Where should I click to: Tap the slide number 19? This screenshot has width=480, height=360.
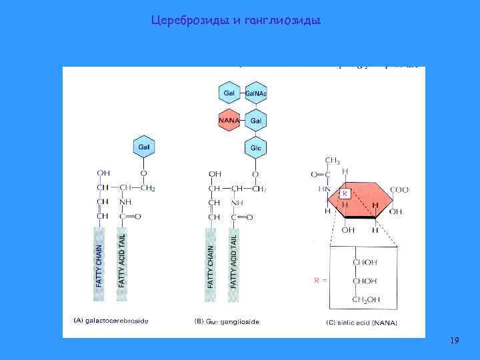point(454,341)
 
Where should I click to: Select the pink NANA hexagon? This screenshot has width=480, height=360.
point(229,121)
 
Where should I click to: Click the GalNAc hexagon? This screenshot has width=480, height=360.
point(256,93)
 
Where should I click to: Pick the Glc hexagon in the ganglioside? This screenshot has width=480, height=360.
point(256,147)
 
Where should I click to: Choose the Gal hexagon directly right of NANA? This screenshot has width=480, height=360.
point(256,121)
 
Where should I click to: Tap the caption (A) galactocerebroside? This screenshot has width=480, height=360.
point(111,321)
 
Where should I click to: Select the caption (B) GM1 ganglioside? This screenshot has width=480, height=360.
point(227,321)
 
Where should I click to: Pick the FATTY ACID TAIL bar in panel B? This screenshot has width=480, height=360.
point(234,263)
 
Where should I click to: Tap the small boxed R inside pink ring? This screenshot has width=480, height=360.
point(345,193)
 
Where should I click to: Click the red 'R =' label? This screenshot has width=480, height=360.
point(321,281)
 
